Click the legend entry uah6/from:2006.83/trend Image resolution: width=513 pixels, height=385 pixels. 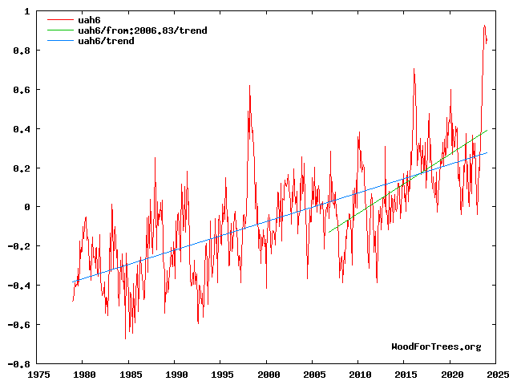pos(143,30)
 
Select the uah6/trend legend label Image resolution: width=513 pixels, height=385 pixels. pos(106,41)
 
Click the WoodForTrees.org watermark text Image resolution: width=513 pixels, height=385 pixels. pos(436,346)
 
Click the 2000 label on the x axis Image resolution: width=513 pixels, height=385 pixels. pos(269,374)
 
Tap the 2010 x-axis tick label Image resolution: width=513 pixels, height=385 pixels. pos(361,374)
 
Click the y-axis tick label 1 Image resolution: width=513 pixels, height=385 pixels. pos(27,12)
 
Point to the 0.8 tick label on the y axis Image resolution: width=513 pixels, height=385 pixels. pos(22,51)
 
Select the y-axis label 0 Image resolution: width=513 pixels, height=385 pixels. pos(27,207)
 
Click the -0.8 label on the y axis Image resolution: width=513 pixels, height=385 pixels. pos(19,363)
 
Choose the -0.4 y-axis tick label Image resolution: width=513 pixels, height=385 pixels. pos(19,286)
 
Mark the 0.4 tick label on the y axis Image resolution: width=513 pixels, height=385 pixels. pos(22,129)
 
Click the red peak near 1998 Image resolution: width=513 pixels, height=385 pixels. pos(249,86)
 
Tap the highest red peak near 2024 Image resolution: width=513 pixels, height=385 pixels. pos(484,26)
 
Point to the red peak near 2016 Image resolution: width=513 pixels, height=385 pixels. pos(414,69)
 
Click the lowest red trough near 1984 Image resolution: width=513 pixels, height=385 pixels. pos(125,338)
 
